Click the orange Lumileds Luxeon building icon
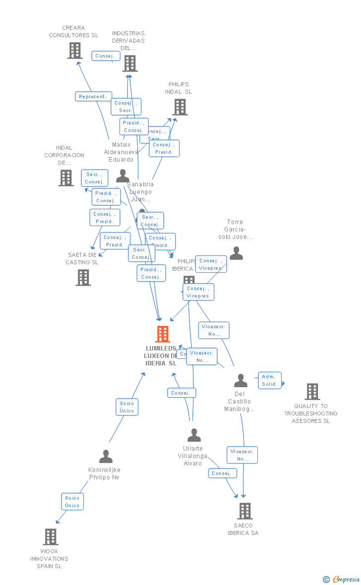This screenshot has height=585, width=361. pos(163,334)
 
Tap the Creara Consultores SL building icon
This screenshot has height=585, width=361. pos(75,51)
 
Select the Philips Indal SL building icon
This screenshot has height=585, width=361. pos(180,107)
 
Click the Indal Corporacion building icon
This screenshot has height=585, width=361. pos(66,177)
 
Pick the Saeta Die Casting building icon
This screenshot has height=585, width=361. pos(83,278)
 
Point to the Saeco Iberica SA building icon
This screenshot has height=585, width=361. pos(244,511)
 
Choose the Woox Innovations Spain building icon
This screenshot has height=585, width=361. pos(51,536)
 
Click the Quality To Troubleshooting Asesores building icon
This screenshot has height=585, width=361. pos(312,391)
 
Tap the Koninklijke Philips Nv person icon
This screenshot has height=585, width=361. pos(106,456)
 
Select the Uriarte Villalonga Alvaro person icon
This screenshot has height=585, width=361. pos(194,435)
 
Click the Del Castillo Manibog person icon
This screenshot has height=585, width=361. pos(241,381)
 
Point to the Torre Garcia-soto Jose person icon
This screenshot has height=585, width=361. pos(237,253)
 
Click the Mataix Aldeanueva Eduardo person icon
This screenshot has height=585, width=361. pos(122,175)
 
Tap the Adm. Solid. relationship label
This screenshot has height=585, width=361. pos(270,380)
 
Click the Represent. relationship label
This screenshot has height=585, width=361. pos(93,97)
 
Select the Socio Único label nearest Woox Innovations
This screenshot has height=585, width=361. pos(72,502)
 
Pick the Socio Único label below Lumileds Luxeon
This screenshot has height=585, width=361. pos(127,407)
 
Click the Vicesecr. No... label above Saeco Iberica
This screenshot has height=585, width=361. pos(242,455)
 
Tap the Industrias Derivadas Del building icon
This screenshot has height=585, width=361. pos(130,63)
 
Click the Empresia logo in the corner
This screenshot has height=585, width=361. pos(342,579)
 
